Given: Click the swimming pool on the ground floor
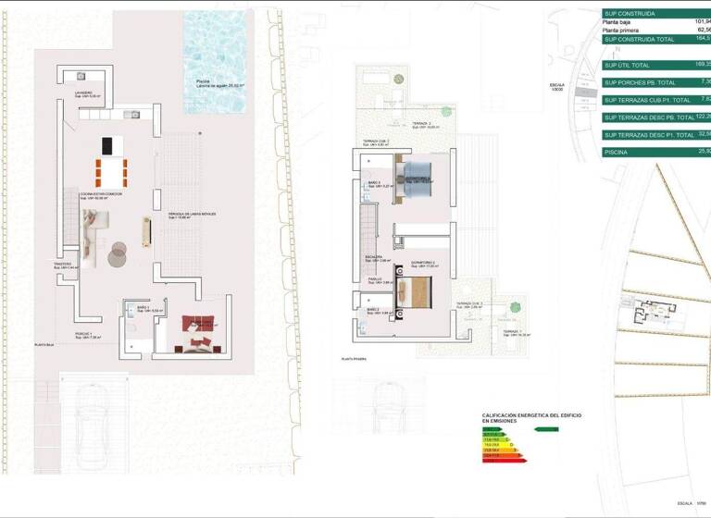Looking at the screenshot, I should [217, 60].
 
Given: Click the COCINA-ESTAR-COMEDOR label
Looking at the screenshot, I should [101, 194].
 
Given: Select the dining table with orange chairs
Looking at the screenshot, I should [112, 172].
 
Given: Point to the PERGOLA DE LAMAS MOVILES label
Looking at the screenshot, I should [193, 215].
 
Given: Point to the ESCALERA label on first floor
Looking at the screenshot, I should [373, 258].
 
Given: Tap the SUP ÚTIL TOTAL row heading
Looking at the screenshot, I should [629, 65].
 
